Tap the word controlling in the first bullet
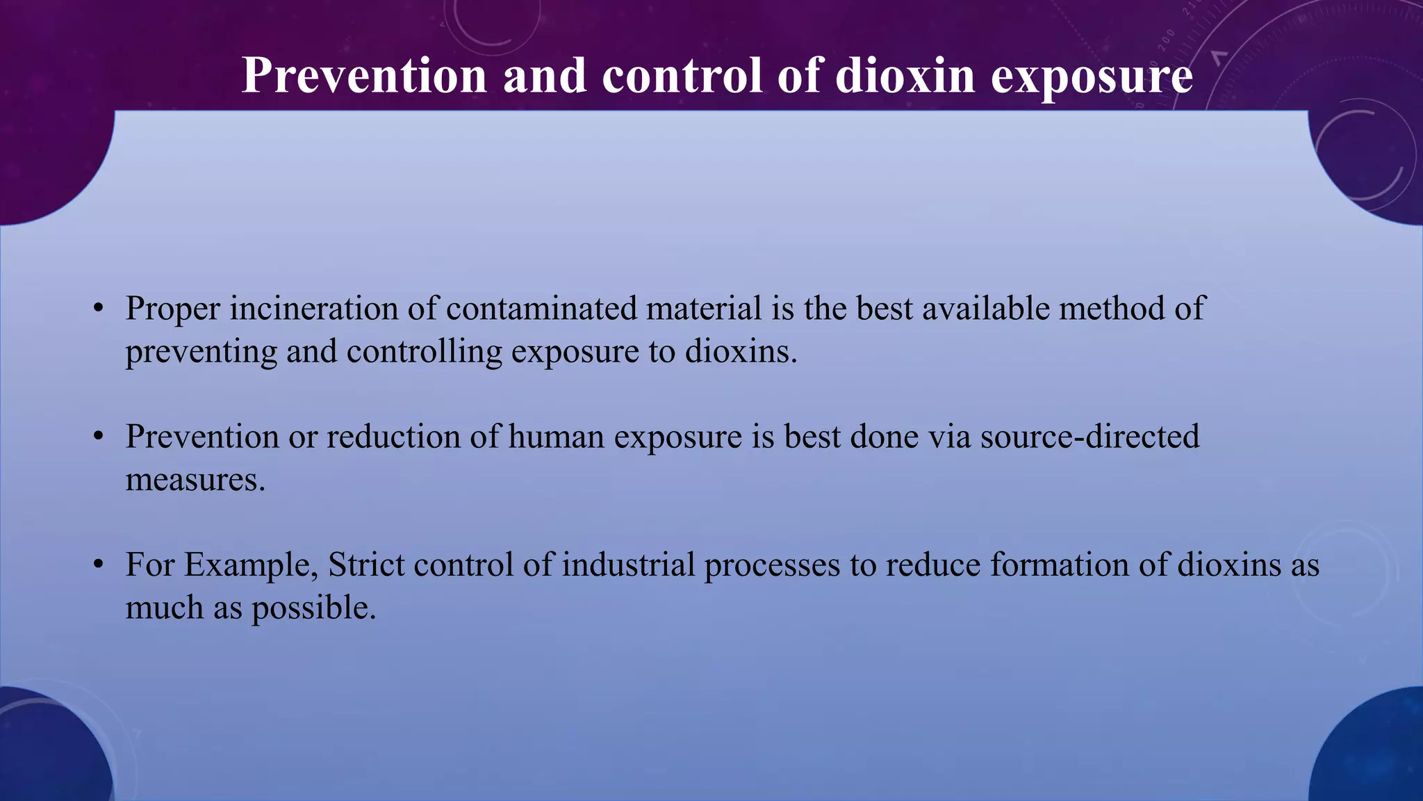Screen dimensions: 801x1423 point(424,352)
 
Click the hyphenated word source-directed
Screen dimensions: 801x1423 point(1089,437)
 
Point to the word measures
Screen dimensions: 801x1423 point(195,480)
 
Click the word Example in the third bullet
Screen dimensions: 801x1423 point(251,565)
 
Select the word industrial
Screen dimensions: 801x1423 point(628,565)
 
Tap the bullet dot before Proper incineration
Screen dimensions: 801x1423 point(99,309)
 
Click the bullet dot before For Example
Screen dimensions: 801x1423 point(99,565)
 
